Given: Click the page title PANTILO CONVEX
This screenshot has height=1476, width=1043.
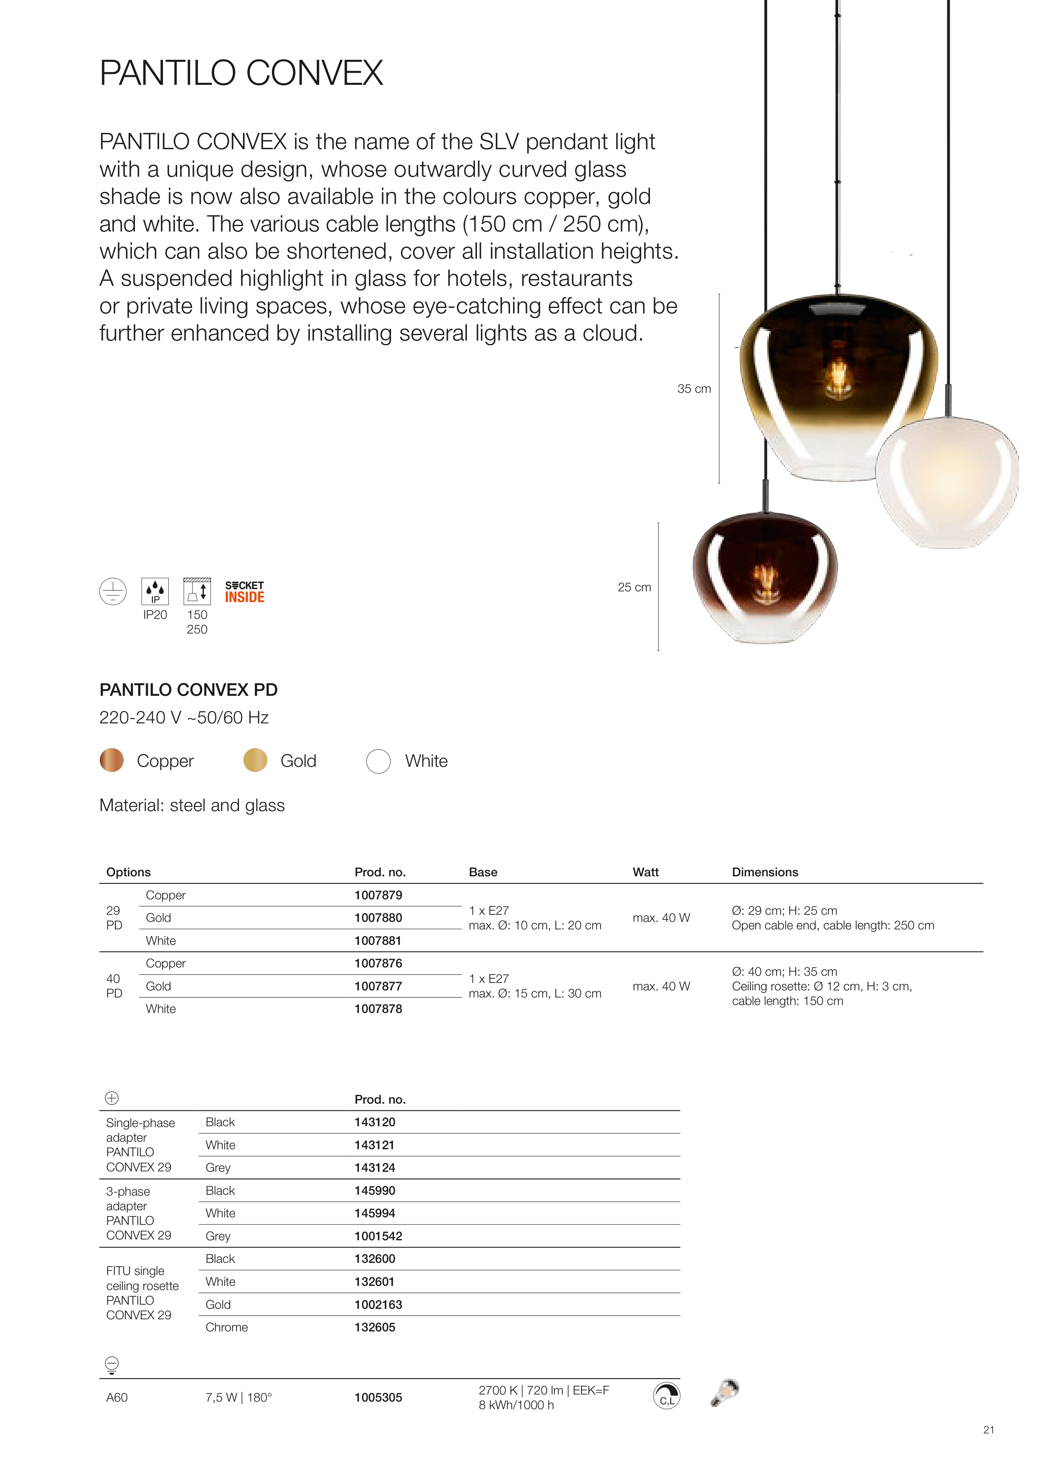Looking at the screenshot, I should point(241,73).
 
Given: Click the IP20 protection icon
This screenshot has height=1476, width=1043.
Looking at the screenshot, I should point(155,591).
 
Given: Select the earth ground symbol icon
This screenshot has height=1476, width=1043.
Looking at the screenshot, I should point(113,591).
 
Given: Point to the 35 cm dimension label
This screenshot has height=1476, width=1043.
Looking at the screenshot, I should point(694,389).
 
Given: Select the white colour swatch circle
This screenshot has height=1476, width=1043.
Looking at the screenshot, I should point(378,761).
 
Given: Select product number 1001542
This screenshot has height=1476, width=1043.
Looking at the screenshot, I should point(378,1236).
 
